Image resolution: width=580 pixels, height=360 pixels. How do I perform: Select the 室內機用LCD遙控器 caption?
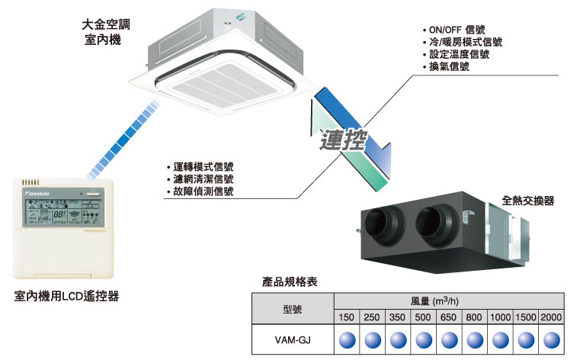(x=66, y=295)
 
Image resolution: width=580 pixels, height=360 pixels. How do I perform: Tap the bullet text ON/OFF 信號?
(x=457, y=31)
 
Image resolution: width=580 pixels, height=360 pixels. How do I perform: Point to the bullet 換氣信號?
(x=449, y=67)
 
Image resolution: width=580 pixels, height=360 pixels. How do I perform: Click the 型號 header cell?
(x=293, y=310)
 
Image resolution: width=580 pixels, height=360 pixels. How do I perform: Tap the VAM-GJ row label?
(x=293, y=339)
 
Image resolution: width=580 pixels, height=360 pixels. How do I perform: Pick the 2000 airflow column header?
(x=553, y=317)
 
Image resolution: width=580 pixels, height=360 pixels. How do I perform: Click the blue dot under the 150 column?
(x=347, y=339)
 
